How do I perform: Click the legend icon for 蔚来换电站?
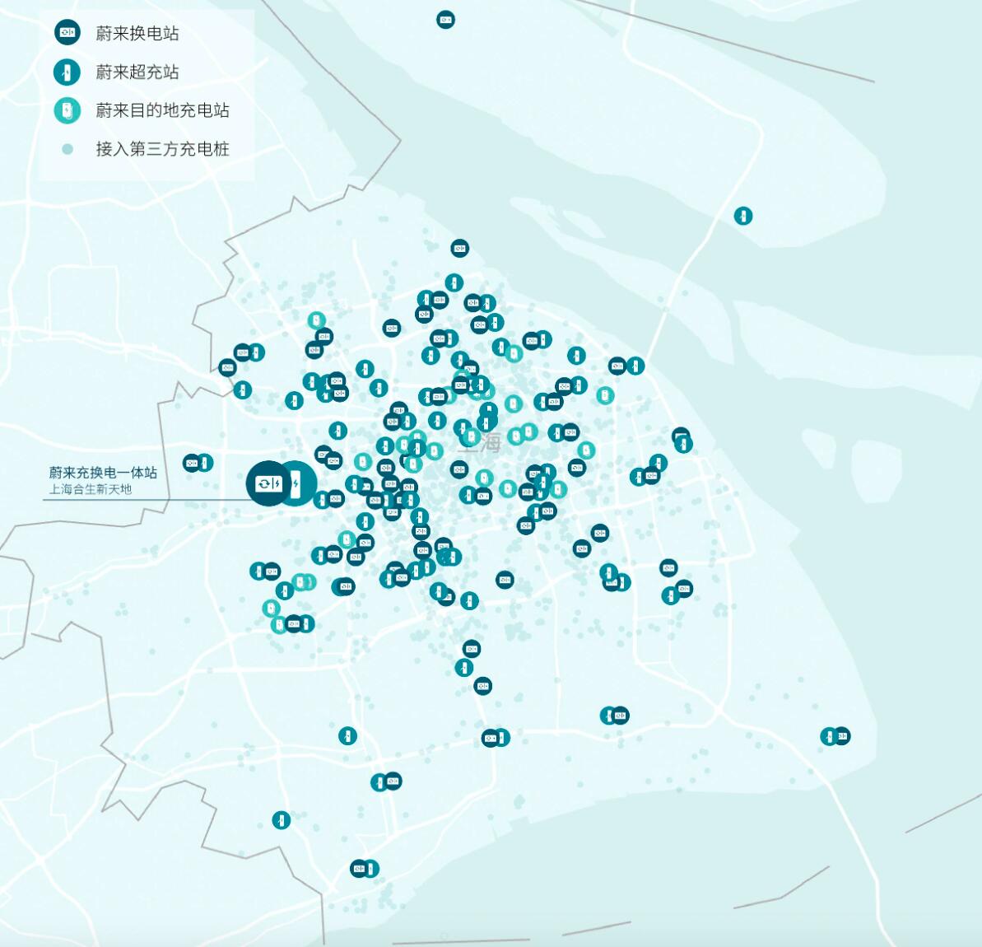67,33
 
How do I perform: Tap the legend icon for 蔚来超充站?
67,72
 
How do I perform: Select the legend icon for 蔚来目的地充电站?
67,110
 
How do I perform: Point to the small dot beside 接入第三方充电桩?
67,149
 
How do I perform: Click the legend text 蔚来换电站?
137,33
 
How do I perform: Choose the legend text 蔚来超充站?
137,72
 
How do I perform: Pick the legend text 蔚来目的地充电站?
162,110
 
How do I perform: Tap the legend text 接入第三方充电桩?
162,149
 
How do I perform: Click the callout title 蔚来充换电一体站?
103,473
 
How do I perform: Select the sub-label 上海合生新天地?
91,489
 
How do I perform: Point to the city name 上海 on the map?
479,442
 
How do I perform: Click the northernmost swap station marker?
445,20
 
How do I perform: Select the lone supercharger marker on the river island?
743,216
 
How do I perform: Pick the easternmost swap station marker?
841,736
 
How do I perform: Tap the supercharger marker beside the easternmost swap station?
829,736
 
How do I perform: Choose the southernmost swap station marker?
359,869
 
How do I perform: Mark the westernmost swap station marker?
192,463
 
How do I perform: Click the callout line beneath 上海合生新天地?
123,499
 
